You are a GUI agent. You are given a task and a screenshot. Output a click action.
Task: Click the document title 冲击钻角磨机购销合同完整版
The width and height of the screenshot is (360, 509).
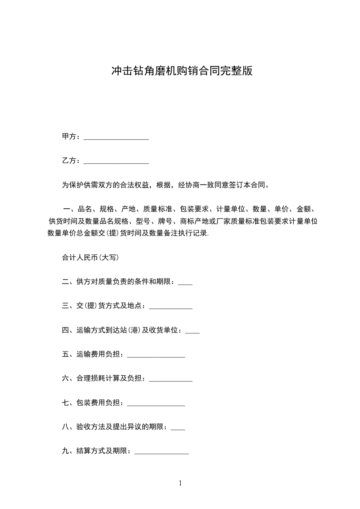coord(182,71)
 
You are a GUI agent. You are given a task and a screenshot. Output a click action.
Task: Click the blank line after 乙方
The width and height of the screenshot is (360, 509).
coord(116,162)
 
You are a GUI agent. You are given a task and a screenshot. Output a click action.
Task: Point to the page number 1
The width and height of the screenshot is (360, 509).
coord(180,483)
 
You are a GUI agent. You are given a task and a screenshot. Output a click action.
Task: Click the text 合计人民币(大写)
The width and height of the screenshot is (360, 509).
coord(90,258)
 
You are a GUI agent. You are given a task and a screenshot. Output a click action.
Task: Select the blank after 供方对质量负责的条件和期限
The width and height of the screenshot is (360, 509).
coord(185,283)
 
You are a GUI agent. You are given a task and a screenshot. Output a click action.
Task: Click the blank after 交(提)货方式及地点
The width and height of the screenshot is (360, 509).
coord(171,307)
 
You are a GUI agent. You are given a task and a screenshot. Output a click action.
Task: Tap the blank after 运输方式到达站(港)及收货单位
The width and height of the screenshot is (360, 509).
coord(192,332)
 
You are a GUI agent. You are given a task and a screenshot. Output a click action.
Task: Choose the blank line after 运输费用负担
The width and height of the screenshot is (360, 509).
coord(156,356)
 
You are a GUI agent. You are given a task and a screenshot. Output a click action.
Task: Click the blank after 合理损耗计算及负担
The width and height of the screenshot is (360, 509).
coord(171,380)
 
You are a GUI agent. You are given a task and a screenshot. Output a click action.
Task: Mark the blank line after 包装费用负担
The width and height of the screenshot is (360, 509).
coord(156,404)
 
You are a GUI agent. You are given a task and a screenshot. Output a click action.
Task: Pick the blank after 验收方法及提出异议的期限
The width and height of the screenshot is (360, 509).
coord(178,428)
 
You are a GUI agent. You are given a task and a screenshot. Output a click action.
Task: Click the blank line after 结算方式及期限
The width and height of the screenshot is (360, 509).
coord(162,452)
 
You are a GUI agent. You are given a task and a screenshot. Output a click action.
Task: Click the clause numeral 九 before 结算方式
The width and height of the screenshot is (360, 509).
coord(65,451)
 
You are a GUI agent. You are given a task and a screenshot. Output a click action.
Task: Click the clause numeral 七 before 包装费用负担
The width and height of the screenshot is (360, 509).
coord(65,402)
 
